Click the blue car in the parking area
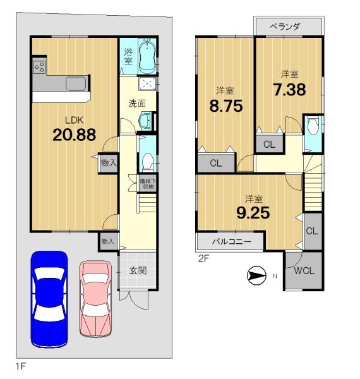(x=49, y=299)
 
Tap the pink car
(x=95, y=299)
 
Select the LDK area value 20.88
(x=74, y=135)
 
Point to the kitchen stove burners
(x=39, y=66)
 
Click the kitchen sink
(x=76, y=83)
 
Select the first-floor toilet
(x=148, y=161)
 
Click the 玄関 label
(x=138, y=271)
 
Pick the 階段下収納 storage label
(x=148, y=184)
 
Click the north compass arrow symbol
(x=256, y=275)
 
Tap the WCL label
(x=304, y=271)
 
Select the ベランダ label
(x=285, y=27)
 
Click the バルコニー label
(x=232, y=241)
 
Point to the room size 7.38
(x=289, y=90)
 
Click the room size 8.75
(x=226, y=106)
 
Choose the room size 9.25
(x=253, y=213)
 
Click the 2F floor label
(x=203, y=258)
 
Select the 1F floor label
(x=21, y=366)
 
